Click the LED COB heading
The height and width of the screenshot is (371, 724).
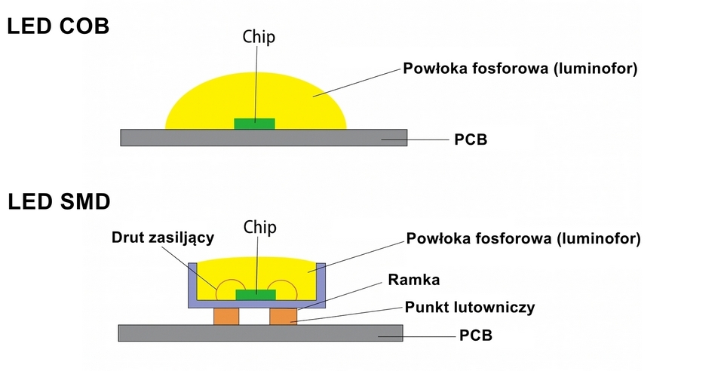(x=59, y=26)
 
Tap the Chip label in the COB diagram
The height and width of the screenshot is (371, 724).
(x=259, y=35)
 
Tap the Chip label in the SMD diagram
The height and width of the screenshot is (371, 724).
(x=259, y=227)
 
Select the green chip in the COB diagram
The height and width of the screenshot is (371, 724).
(x=255, y=123)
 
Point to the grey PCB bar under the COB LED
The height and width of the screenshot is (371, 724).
(x=263, y=137)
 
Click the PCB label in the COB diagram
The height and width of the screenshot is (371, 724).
(x=471, y=140)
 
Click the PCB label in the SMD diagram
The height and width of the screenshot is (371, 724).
(x=475, y=335)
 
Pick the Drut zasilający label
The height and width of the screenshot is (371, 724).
(x=163, y=238)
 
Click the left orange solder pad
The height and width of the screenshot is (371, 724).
(x=225, y=317)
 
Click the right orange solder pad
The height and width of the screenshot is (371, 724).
(x=283, y=317)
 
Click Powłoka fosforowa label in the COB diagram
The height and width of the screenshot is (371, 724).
(x=520, y=69)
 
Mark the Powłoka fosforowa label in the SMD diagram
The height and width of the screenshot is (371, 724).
(x=523, y=239)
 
